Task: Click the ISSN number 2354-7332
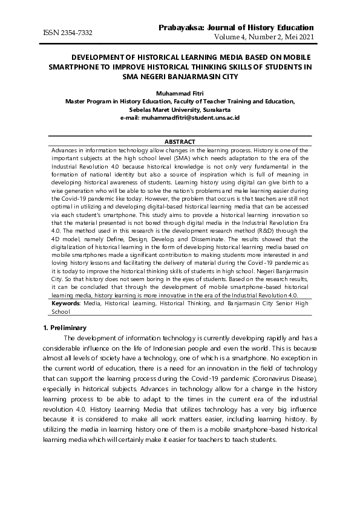75,31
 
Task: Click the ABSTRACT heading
180,141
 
